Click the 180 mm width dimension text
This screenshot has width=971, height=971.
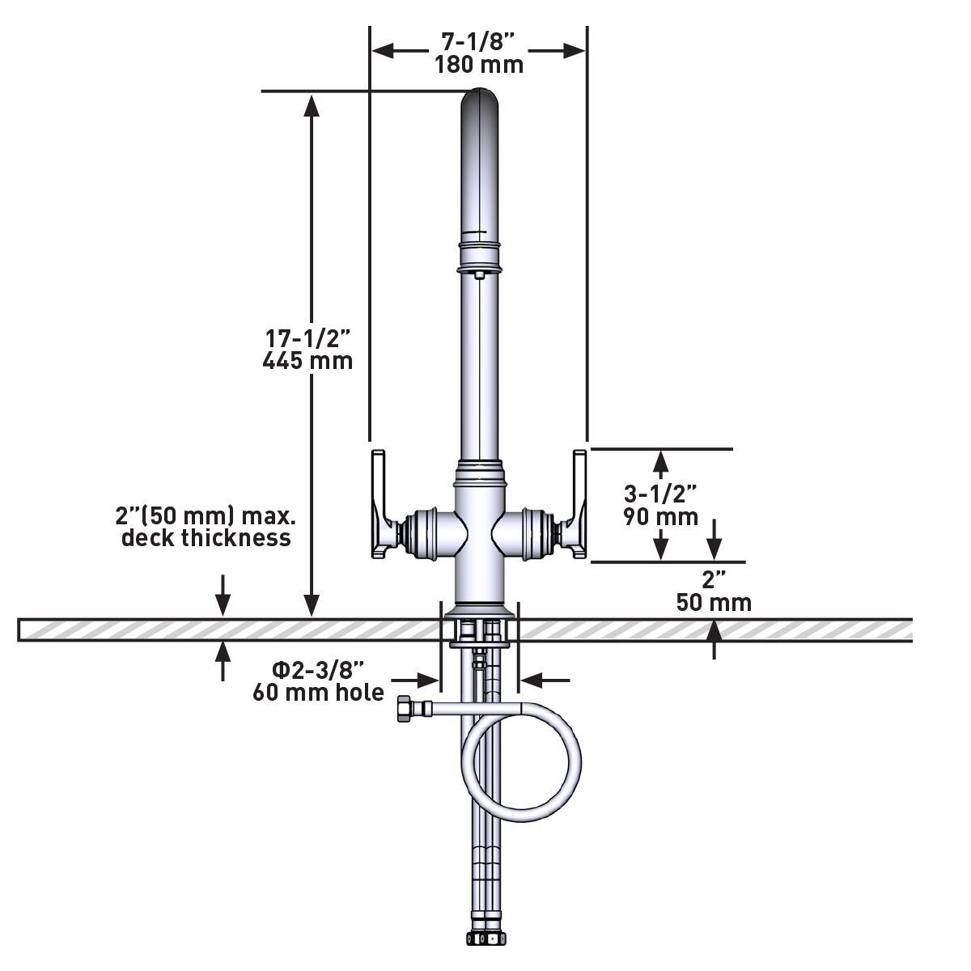click(478, 64)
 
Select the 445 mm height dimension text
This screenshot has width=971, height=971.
click(307, 361)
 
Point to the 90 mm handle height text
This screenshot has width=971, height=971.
click(661, 516)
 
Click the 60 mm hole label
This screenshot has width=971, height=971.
click(318, 693)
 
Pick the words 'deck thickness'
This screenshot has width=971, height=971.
click(206, 538)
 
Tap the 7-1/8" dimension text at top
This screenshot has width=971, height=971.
click(478, 41)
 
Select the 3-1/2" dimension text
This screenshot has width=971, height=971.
click(660, 493)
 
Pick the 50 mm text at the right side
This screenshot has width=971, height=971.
click(714, 603)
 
